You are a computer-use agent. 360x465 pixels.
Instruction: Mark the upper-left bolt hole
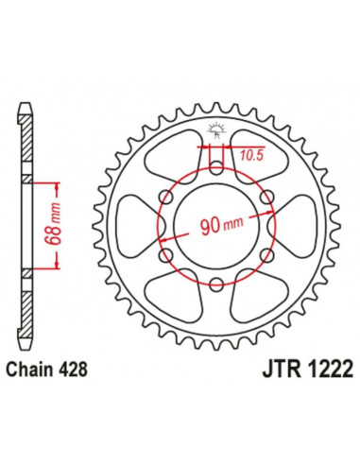pyautogui.click(x=166, y=198)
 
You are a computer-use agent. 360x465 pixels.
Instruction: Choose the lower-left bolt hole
pyautogui.click(x=166, y=254)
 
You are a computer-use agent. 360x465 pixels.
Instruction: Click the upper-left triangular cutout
pyautogui.click(x=177, y=162)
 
